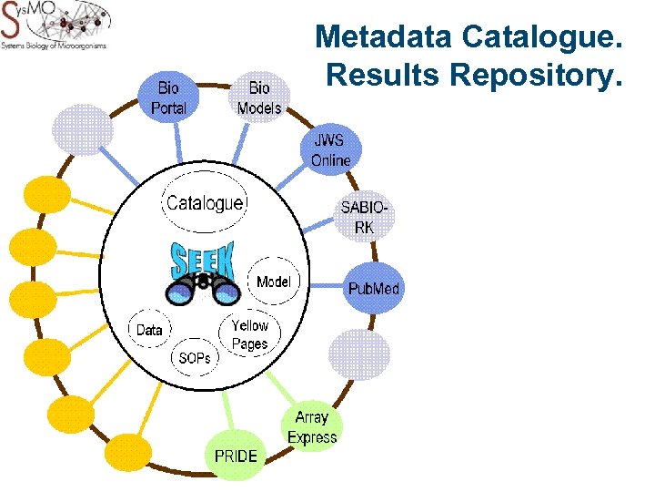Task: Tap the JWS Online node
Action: coord(331,150)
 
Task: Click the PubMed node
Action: coord(373,289)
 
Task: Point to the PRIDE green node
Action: coord(236,455)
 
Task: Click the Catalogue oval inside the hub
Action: coord(205,203)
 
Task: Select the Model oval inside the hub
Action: coord(273,282)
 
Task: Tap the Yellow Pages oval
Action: coord(249,334)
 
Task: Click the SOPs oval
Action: coord(195,358)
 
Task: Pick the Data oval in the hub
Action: coord(149,330)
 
